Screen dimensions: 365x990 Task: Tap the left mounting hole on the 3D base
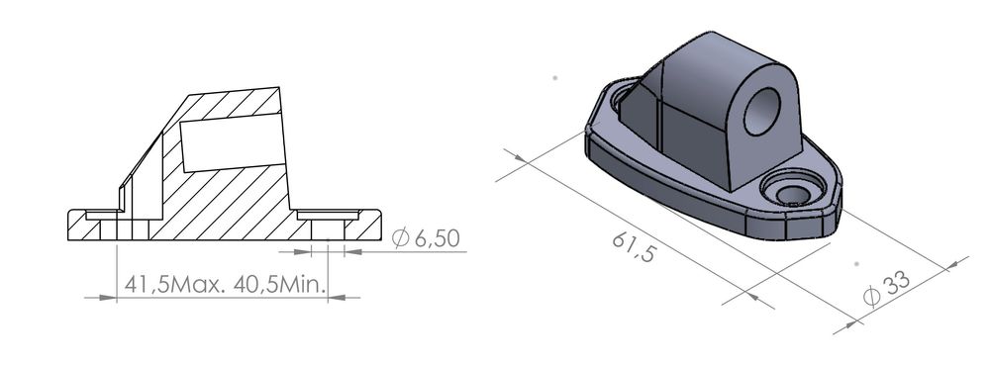[x=622, y=97]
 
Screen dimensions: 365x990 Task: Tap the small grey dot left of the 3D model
[x=556, y=75]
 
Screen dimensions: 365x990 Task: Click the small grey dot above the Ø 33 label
[x=855, y=264]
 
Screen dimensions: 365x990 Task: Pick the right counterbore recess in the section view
[x=328, y=214]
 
